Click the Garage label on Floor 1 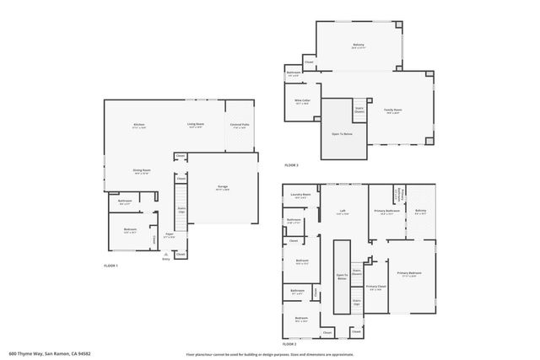(x=222, y=186)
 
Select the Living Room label (x=196, y=125)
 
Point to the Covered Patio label (x=240, y=125)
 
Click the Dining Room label (x=141, y=170)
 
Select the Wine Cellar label (x=301, y=102)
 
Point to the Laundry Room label (x=301, y=195)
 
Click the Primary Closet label (x=376, y=286)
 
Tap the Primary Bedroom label (x=409, y=272)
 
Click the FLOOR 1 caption (x=111, y=266)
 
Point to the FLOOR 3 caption (x=291, y=164)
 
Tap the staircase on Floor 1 (x=181, y=211)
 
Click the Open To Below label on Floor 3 (x=342, y=134)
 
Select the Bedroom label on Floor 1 (x=130, y=229)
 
